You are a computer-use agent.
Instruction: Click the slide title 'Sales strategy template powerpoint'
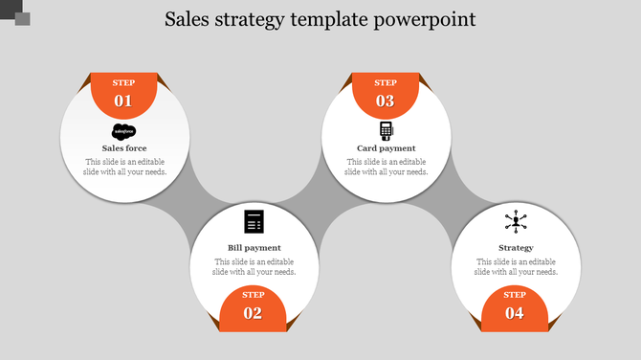(320, 20)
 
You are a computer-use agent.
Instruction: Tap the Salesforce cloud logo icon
(124, 132)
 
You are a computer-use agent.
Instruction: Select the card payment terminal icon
(386, 131)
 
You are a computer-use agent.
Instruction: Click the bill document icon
(254, 221)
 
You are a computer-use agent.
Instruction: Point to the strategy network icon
(516, 222)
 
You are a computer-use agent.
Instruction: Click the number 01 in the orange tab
(123, 101)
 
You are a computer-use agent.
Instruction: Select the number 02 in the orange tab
(254, 313)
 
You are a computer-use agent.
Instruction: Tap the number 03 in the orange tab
(386, 101)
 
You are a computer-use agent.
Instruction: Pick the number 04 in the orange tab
(515, 313)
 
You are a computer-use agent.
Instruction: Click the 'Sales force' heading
(124, 148)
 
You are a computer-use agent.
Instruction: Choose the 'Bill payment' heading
(254, 248)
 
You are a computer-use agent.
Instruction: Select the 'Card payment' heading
(386, 148)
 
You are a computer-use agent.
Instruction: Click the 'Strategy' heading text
(516, 248)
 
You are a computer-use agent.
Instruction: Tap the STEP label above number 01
(123, 83)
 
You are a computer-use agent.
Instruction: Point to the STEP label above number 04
(515, 295)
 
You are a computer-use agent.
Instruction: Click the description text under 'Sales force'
(124, 168)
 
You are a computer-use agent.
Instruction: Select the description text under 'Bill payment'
(254, 267)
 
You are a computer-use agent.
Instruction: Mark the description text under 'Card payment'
(386, 168)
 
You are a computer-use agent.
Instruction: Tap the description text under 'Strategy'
(516, 267)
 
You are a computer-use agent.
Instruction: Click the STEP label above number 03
(386, 83)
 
